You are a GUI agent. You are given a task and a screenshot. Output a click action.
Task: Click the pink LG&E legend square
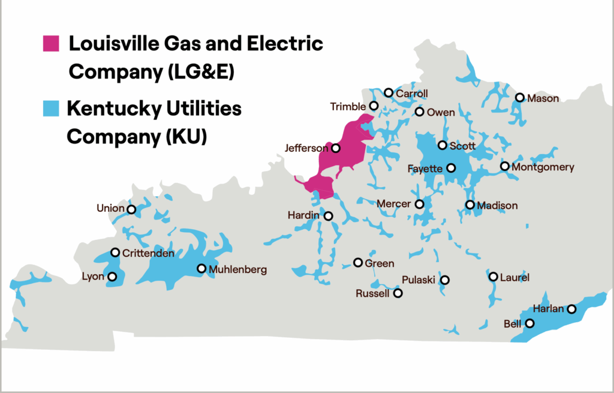pyautogui.click(x=51, y=44)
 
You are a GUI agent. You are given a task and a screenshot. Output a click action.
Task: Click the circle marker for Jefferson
pyautogui.click(x=336, y=148)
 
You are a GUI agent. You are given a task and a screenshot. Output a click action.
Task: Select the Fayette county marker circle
pyautogui.click(x=451, y=168)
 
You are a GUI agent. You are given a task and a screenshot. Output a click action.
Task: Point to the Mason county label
pyautogui.click(x=543, y=98)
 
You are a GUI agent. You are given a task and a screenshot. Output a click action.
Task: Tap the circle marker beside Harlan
pyautogui.click(x=572, y=310)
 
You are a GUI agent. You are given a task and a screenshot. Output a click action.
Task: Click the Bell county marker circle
pyautogui.click(x=530, y=323)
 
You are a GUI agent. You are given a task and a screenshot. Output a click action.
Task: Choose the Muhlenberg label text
pyautogui.click(x=237, y=269)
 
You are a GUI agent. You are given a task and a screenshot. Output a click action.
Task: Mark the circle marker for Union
pyautogui.click(x=131, y=209)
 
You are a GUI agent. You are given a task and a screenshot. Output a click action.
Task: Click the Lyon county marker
pyautogui.click(x=112, y=277)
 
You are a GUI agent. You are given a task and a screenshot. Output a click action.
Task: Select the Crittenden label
pyautogui.click(x=148, y=253)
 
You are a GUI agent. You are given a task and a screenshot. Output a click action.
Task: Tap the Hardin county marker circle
pyautogui.click(x=329, y=215)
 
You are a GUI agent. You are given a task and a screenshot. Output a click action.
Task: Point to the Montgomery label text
pyautogui.click(x=543, y=167)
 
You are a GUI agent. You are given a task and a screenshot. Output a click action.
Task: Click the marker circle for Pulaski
pyautogui.click(x=445, y=280)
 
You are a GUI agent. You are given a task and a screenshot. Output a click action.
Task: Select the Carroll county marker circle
pyautogui.click(x=389, y=93)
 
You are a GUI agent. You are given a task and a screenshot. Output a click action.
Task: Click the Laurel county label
pyautogui.click(x=516, y=277)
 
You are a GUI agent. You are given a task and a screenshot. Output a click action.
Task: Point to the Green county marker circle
pyautogui.click(x=358, y=263)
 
